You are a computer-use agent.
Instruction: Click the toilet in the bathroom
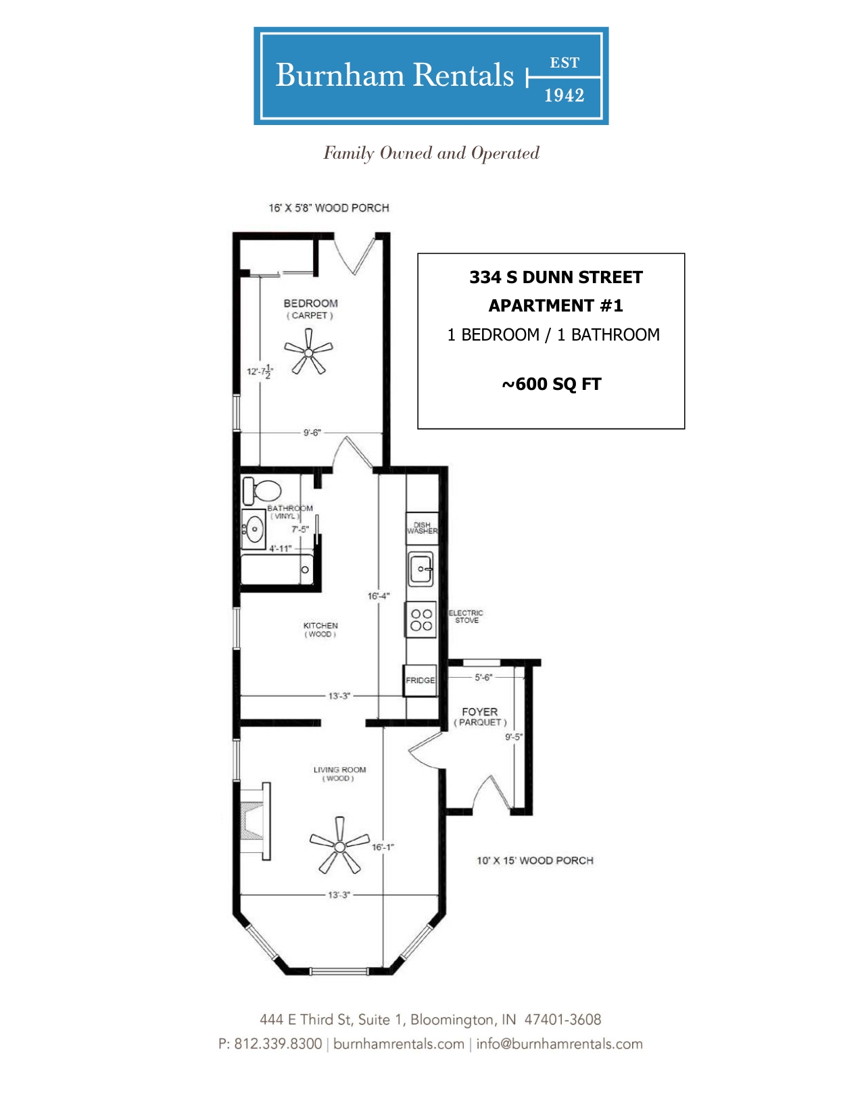(x=262, y=491)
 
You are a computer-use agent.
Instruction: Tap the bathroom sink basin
(x=254, y=529)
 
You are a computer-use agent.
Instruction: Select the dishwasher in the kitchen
(x=422, y=528)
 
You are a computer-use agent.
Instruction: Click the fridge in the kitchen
(x=420, y=680)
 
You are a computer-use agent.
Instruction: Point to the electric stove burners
(x=421, y=620)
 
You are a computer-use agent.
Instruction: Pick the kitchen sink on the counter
(x=421, y=569)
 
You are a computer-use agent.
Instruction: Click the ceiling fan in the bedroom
(x=308, y=353)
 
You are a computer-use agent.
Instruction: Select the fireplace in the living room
(x=255, y=821)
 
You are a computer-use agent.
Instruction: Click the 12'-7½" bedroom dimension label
(x=260, y=372)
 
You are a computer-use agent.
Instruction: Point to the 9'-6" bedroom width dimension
(x=312, y=433)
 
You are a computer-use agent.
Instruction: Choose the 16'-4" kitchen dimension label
(x=379, y=596)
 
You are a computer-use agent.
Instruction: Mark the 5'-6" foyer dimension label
(x=483, y=677)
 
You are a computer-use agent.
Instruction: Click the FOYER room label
(x=479, y=712)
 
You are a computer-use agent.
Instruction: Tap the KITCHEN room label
(x=320, y=626)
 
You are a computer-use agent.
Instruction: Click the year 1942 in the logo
(x=565, y=96)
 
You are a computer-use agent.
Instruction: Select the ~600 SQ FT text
(x=552, y=384)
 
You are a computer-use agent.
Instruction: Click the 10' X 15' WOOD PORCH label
(x=535, y=860)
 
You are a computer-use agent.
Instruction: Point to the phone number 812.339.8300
(x=278, y=1043)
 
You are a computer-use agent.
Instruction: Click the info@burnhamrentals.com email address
(x=559, y=1043)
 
